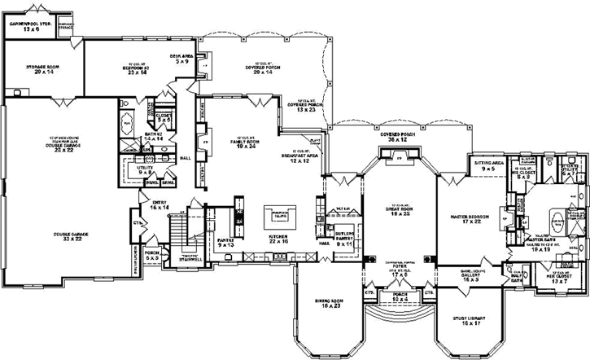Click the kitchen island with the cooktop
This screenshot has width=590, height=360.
pyautogui.click(x=279, y=216)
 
